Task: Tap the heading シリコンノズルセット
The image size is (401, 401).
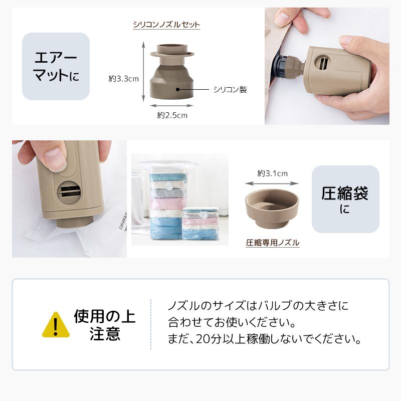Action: point(166,24)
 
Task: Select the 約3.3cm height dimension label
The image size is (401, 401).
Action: point(123,78)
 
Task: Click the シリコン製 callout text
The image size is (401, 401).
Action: point(230,90)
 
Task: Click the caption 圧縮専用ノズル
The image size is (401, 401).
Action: point(272,243)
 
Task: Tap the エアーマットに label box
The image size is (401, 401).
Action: point(56,66)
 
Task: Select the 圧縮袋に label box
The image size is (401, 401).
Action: point(345,199)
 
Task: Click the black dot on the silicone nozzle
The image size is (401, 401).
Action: point(177,90)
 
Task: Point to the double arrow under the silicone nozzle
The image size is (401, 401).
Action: point(172,105)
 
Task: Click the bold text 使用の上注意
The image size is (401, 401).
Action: point(105,325)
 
